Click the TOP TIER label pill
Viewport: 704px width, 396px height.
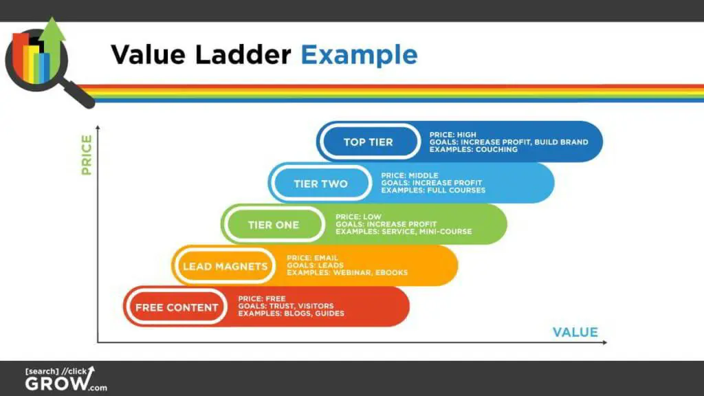click(x=368, y=142)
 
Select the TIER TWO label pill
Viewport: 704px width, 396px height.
click(x=320, y=184)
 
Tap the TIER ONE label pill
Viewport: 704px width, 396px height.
click(x=273, y=225)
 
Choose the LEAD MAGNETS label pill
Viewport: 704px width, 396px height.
click(x=224, y=266)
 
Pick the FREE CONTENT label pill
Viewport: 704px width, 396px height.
click(x=176, y=307)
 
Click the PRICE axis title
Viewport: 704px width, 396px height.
click(x=87, y=155)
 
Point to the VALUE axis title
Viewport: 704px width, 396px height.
click(x=575, y=333)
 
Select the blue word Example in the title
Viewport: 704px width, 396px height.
click(x=359, y=54)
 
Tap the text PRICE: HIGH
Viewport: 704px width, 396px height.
click(x=452, y=135)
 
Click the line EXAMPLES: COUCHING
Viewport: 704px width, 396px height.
click(x=473, y=149)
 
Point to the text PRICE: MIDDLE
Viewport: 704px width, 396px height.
click(x=409, y=176)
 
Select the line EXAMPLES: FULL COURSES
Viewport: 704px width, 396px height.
click(x=433, y=190)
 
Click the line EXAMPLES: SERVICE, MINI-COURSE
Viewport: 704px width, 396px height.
click(x=404, y=232)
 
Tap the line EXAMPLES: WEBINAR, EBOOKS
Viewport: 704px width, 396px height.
click(x=347, y=273)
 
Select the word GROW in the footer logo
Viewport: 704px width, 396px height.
click(x=55, y=384)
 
